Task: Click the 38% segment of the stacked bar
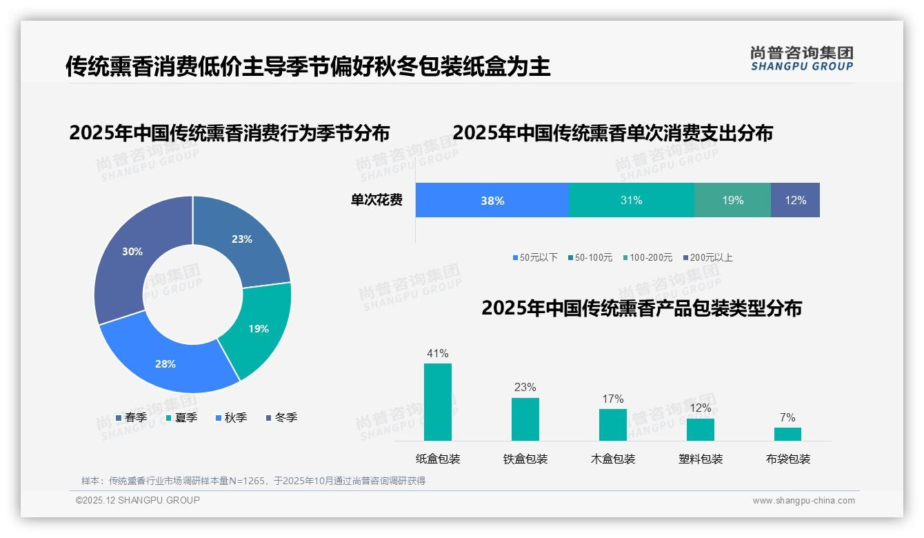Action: click(x=492, y=201)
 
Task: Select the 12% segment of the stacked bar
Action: click(x=795, y=201)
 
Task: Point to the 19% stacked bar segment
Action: click(x=732, y=201)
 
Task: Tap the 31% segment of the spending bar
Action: click(x=631, y=201)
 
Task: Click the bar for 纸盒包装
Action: click(x=438, y=402)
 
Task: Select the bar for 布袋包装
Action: click(x=787, y=434)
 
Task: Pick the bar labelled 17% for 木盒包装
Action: click(x=612, y=424)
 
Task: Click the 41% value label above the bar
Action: click(x=438, y=354)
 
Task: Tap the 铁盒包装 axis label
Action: click(x=525, y=459)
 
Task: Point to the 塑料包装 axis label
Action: click(x=701, y=459)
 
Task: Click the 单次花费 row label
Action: click(x=376, y=201)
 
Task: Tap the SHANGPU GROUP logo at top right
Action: click(x=802, y=59)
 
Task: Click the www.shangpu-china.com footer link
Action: click(x=803, y=501)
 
